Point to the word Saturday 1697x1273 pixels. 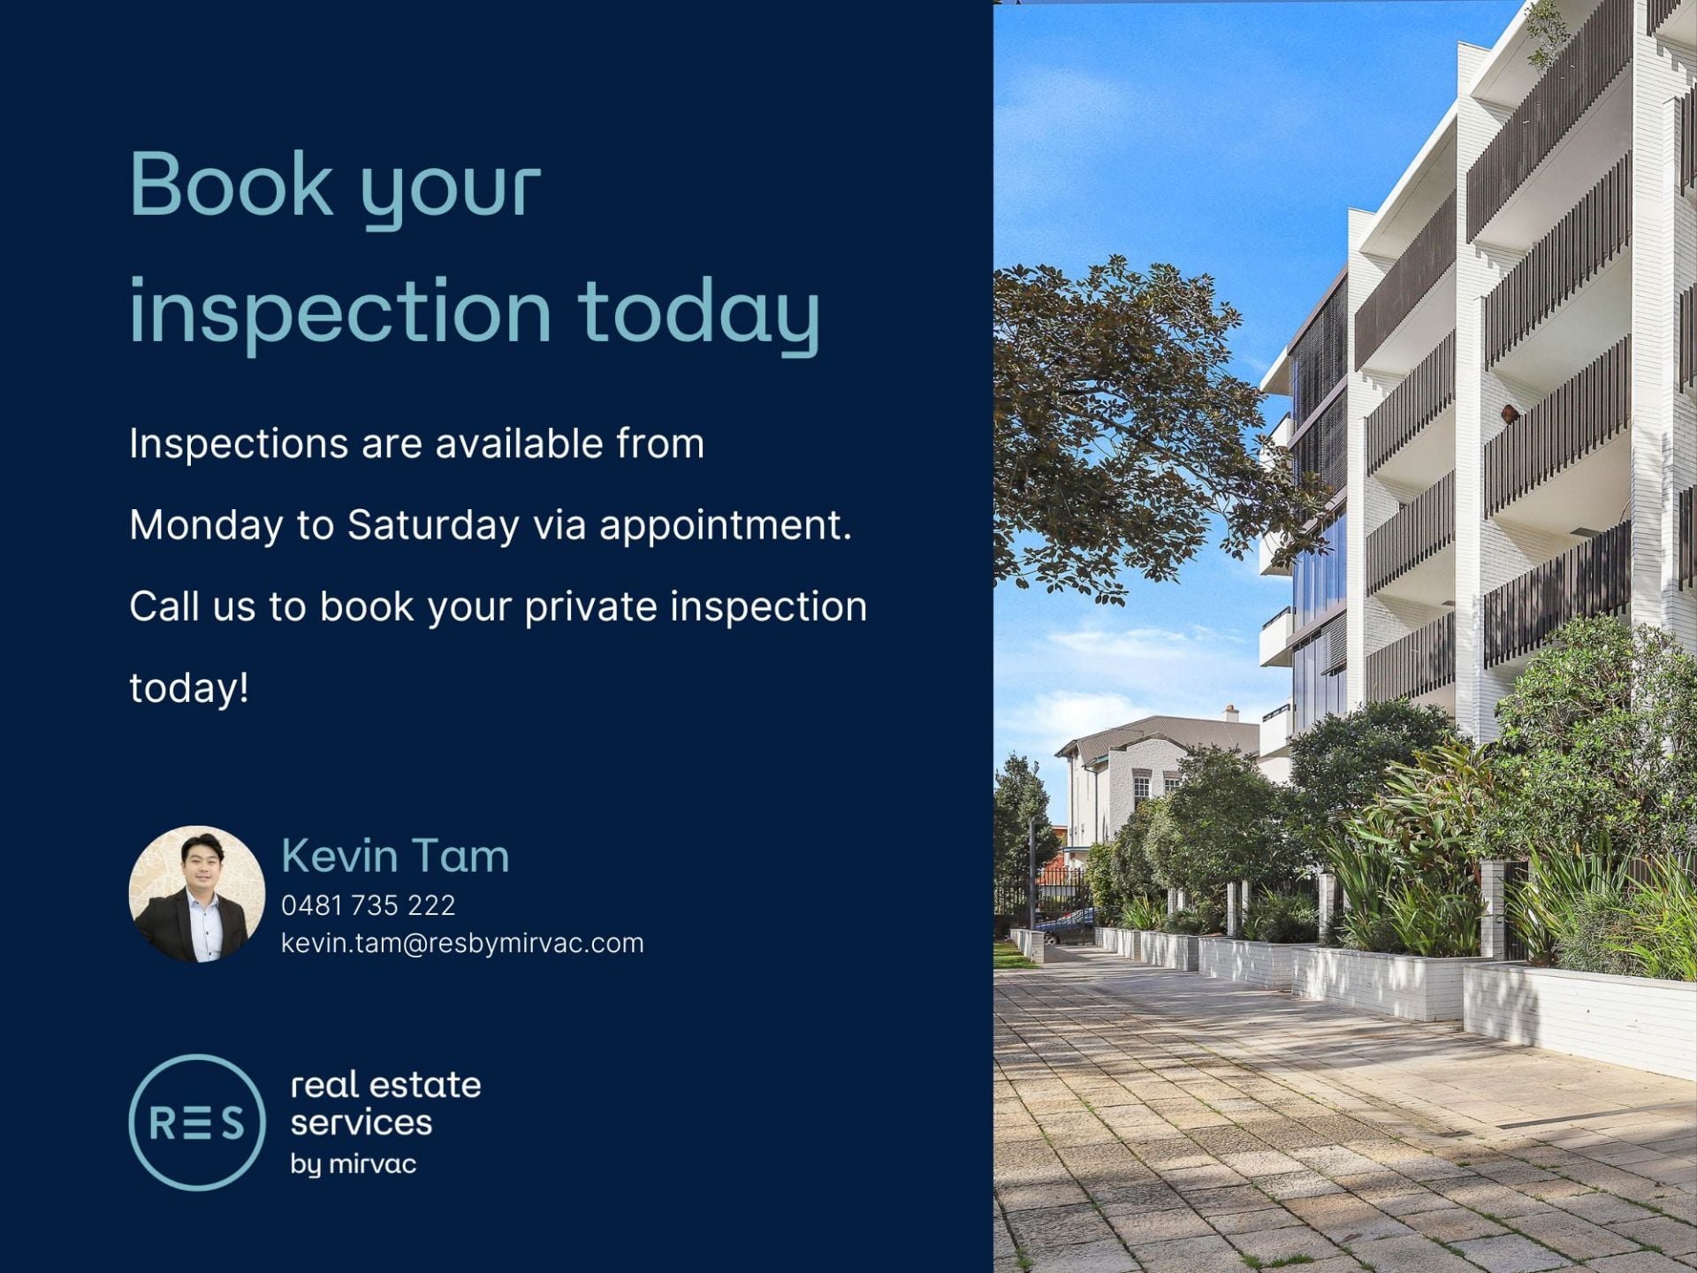click(433, 525)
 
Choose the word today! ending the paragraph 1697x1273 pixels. click(189, 688)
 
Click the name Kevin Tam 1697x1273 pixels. click(395, 856)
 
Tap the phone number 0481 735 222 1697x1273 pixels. click(369, 905)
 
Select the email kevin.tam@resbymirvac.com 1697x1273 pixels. click(462, 943)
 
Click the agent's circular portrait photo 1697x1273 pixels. click(197, 894)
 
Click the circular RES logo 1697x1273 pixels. click(197, 1122)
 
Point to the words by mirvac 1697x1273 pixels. click(354, 1164)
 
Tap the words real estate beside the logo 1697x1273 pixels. click(386, 1085)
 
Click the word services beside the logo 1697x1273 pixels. click(361, 1123)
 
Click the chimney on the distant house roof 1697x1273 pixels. click(1229, 713)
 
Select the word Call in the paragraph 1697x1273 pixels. click(164, 607)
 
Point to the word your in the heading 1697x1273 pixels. click(452, 190)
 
